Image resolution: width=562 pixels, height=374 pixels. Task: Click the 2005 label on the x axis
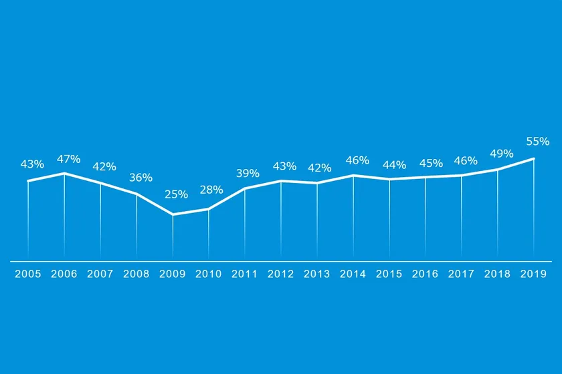click(28, 274)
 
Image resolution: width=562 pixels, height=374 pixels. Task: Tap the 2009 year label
click(173, 274)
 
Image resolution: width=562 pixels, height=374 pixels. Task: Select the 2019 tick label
click(534, 274)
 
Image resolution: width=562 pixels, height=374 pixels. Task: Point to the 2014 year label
click(353, 274)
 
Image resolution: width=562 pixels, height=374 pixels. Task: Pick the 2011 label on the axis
click(245, 274)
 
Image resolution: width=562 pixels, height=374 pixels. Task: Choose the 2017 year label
click(462, 274)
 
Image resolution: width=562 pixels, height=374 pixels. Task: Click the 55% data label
click(537, 142)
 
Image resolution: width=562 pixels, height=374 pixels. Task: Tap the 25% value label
click(176, 194)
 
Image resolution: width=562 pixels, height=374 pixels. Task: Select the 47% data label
click(68, 159)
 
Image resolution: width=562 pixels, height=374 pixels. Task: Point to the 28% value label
click(211, 190)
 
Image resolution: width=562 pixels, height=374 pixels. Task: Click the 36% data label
click(140, 178)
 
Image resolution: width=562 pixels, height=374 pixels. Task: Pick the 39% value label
click(248, 173)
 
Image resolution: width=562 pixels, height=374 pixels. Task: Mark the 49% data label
click(501, 154)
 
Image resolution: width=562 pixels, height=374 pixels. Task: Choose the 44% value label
click(394, 165)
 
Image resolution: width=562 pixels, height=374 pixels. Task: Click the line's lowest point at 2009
click(173, 214)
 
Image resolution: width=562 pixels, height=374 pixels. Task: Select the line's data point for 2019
click(534, 158)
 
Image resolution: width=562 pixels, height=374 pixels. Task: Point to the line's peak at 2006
click(64, 173)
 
